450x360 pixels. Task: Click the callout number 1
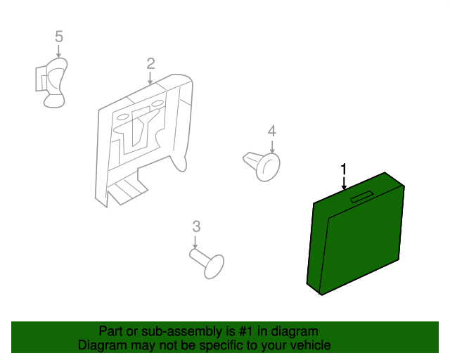[344, 169]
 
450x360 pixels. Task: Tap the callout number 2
[150, 64]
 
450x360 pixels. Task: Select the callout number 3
[196, 226]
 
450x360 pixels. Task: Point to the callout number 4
[272, 131]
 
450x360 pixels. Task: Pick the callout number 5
[59, 37]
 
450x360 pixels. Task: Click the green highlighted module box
[356, 234]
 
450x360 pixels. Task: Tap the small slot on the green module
[361, 197]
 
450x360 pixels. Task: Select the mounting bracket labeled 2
[143, 141]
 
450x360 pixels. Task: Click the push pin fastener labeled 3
[207, 264]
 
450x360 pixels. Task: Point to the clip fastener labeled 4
[262, 167]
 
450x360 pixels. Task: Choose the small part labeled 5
[51, 83]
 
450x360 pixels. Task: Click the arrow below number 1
[344, 182]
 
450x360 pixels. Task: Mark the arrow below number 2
[150, 78]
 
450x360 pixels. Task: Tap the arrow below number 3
[195, 243]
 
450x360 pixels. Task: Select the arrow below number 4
[272, 146]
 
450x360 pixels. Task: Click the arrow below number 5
[58, 51]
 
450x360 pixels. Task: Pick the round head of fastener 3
[214, 266]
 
